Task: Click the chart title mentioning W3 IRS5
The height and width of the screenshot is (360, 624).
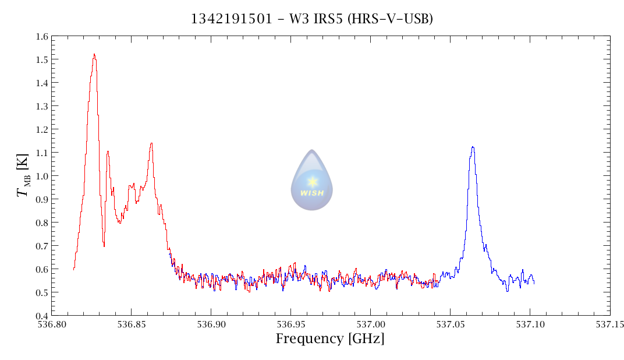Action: tap(312, 19)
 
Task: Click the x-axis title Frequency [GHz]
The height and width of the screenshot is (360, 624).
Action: tap(329, 338)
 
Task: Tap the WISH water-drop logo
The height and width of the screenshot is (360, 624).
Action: tap(312, 180)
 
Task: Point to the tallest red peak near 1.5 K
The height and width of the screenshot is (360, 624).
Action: tap(94, 55)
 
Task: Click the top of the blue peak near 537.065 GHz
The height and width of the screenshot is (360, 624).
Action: tap(473, 147)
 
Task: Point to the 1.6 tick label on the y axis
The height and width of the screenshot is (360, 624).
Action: tap(41, 36)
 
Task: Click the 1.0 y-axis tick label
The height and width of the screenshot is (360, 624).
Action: tap(41, 176)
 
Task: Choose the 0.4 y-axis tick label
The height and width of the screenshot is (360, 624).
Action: tap(41, 316)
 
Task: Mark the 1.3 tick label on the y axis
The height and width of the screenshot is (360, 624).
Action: tap(41, 106)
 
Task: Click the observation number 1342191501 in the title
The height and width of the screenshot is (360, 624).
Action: tap(231, 19)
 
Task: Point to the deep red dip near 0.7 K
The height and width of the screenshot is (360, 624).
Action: tap(104, 245)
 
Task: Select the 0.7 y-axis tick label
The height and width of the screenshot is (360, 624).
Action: tap(41, 246)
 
